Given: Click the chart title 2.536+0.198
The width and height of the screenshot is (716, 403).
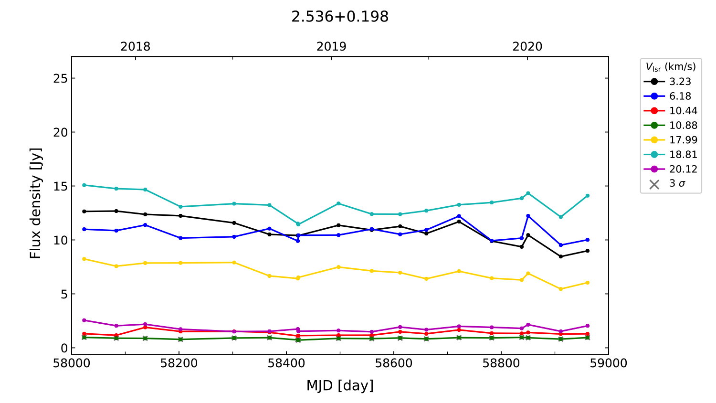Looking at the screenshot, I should tap(340, 17).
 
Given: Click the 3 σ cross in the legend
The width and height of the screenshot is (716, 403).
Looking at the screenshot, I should tap(654, 184).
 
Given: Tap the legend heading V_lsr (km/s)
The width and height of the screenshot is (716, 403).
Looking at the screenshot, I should tap(671, 67).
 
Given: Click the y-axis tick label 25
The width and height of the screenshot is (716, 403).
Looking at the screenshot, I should tap(61, 78).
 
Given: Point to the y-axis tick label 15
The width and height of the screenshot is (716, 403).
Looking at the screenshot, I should tap(61, 186).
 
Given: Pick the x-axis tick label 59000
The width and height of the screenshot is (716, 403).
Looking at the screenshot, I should tap(608, 363).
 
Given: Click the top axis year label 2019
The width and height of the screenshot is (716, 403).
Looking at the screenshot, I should tap(331, 47).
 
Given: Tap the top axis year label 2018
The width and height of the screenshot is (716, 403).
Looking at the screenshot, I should tap(135, 47).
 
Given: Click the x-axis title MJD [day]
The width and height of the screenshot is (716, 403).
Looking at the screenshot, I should tap(340, 385).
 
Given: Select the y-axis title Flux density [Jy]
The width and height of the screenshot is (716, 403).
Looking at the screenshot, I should tap(36, 203).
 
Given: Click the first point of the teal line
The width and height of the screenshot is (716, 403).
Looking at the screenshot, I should tap(84, 185).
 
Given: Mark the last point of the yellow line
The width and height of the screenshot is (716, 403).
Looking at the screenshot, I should tap(587, 283).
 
